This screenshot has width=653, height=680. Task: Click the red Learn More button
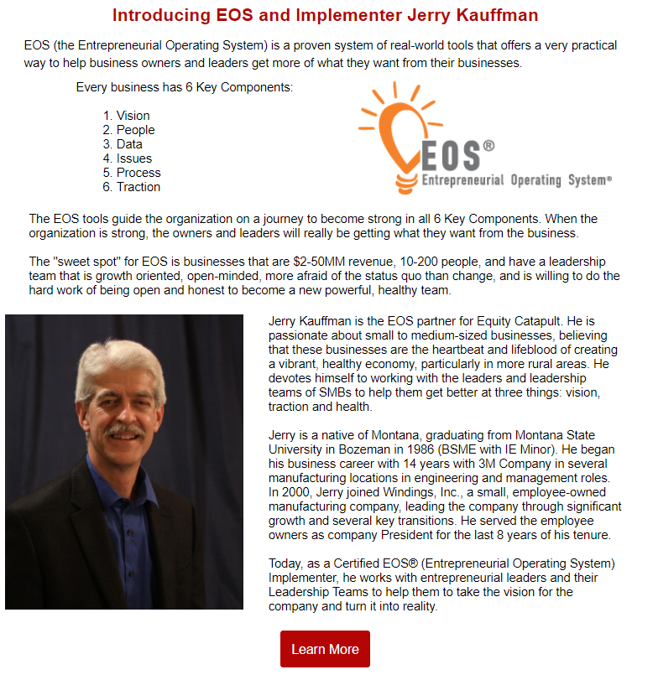[x=325, y=649]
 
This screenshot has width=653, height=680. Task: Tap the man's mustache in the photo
[x=124, y=430]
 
